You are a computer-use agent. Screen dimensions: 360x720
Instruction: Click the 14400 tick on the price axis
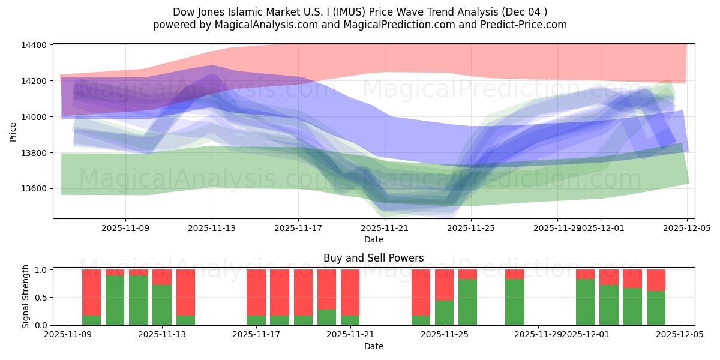[35, 45]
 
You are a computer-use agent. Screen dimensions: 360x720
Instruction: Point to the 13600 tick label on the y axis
[35, 188]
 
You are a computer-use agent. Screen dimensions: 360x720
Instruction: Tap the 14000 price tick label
[35, 117]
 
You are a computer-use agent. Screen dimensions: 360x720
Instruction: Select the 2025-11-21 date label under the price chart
[385, 228]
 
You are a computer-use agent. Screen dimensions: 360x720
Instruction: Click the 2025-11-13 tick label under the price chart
[212, 228]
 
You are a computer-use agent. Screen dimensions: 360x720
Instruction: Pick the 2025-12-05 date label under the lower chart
[679, 335]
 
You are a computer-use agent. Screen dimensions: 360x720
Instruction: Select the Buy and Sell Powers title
[373, 259]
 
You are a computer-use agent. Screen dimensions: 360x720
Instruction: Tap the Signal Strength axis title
[25, 296]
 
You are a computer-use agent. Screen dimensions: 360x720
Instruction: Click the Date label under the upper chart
[373, 239]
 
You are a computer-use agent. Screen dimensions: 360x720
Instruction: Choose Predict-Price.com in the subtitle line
[526, 25]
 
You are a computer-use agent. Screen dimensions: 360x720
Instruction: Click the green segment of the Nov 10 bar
[91, 320]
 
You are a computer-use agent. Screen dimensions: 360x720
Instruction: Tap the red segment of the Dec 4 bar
[656, 280]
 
